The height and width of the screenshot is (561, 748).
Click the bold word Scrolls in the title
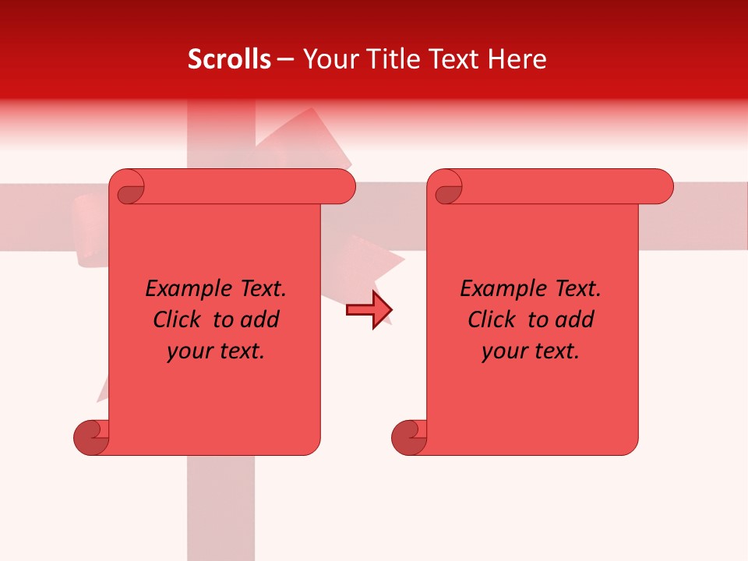[229, 59]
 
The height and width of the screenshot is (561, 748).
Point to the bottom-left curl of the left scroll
[92, 437]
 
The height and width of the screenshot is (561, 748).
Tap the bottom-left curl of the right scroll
[409, 437]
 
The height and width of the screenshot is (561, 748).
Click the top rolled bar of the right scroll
[561, 186]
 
